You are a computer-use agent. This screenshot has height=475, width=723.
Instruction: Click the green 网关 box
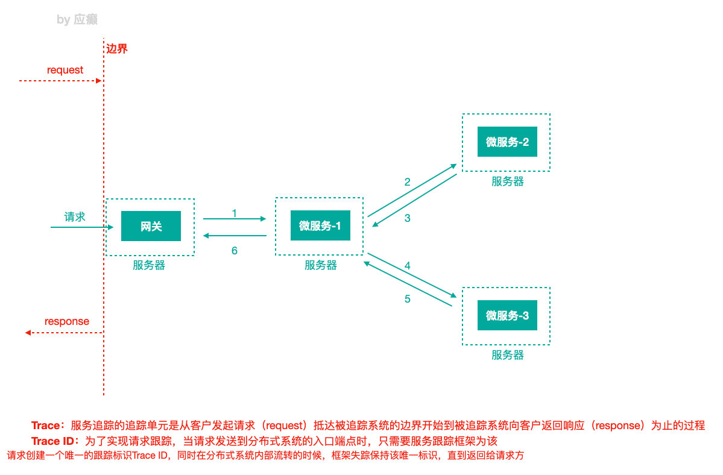click(151, 226)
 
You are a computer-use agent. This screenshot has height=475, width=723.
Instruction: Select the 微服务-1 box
click(320, 226)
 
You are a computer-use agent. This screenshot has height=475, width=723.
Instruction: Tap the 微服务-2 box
click(507, 142)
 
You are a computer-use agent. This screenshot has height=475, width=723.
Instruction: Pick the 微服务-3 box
click(507, 315)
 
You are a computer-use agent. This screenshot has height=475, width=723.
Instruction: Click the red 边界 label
click(117, 49)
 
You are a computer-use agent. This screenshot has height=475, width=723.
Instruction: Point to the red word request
click(65, 70)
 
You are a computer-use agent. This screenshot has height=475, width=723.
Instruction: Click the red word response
click(67, 321)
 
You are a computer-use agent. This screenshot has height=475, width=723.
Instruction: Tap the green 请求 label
click(75, 217)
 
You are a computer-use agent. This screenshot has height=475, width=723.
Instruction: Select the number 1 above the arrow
click(234, 213)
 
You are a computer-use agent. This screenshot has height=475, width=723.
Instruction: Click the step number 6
click(234, 251)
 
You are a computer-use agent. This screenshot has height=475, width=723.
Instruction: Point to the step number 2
click(408, 181)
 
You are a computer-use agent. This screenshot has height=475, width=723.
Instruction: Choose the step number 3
click(408, 218)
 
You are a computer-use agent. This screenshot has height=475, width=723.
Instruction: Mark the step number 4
click(408, 265)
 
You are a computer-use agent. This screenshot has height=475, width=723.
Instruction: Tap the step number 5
click(408, 298)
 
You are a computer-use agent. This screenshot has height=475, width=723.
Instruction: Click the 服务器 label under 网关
click(149, 265)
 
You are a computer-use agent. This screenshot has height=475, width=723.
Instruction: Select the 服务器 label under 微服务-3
click(508, 355)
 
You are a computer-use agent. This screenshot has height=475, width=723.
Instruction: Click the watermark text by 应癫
click(77, 20)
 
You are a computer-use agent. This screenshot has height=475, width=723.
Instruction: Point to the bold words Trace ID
click(55, 441)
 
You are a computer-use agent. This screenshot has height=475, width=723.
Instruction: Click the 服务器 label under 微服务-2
click(508, 181)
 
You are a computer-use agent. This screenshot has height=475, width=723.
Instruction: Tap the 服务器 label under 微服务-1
click(321, 265)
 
